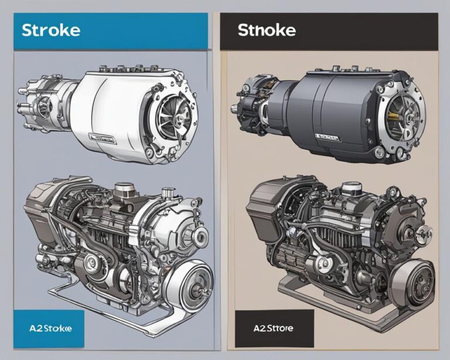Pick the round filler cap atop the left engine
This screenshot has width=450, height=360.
pos(124,189)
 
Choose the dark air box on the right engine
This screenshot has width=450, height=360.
pos(267,202)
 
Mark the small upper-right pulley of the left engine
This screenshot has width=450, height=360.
pos(199,236)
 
